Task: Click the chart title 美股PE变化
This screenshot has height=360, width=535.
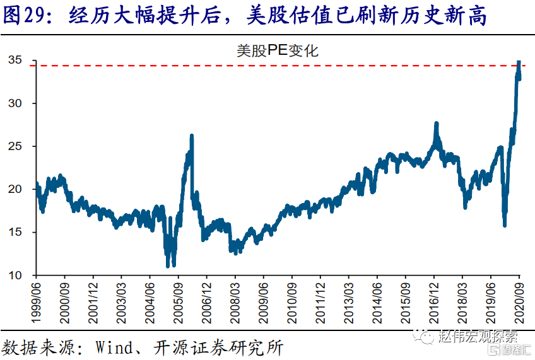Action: click(x=278, y=50)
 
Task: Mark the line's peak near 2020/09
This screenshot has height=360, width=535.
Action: click(x=519, y=62)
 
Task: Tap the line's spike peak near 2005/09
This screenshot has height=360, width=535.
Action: click(x=191, y=136)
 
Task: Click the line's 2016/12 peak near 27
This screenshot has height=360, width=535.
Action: click(x=436, y=124)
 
